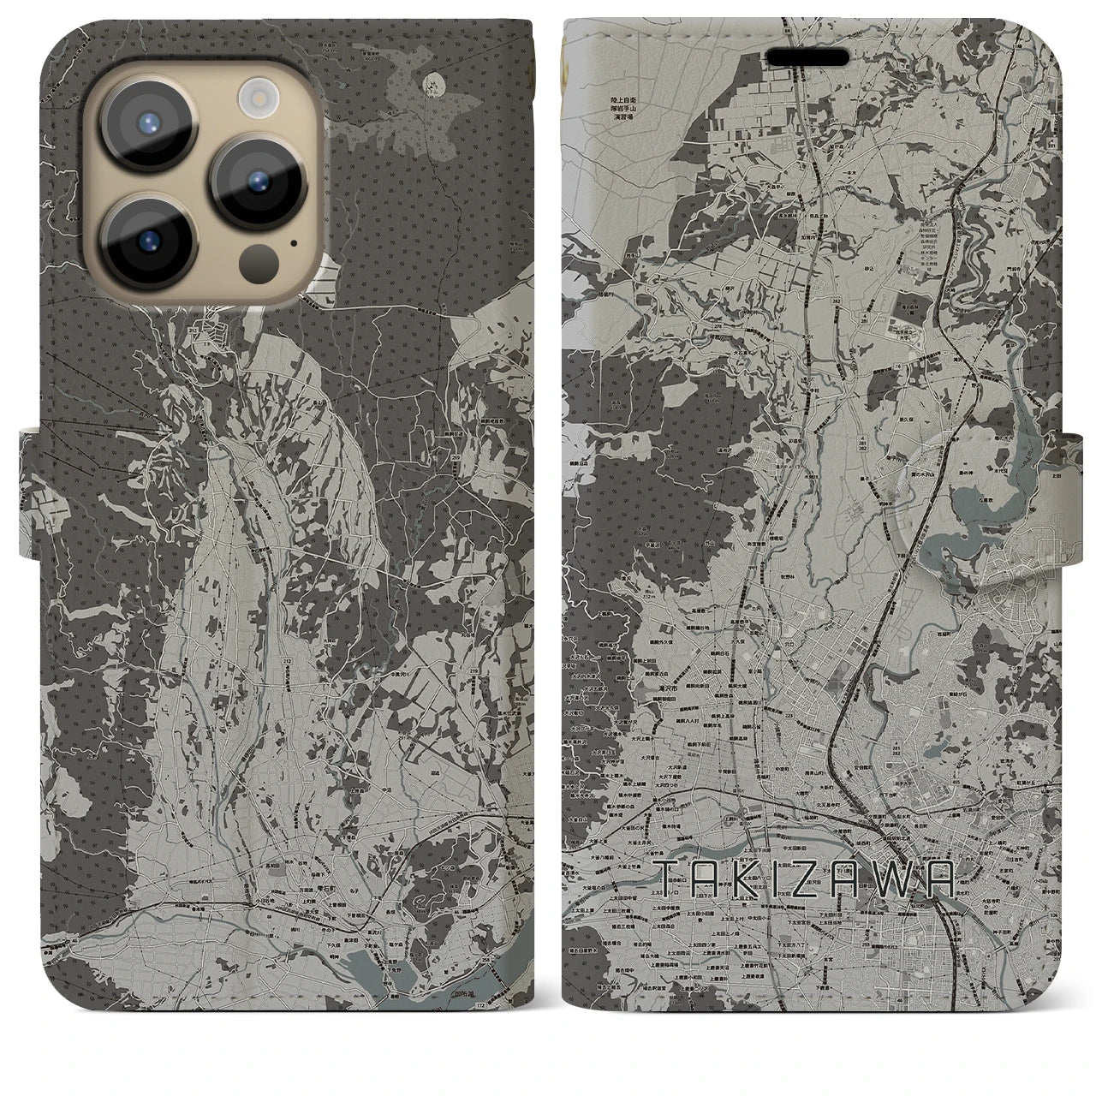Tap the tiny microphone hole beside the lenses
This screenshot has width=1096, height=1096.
[x=295, y=242]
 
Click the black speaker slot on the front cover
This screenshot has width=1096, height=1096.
[x=807, y=57]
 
